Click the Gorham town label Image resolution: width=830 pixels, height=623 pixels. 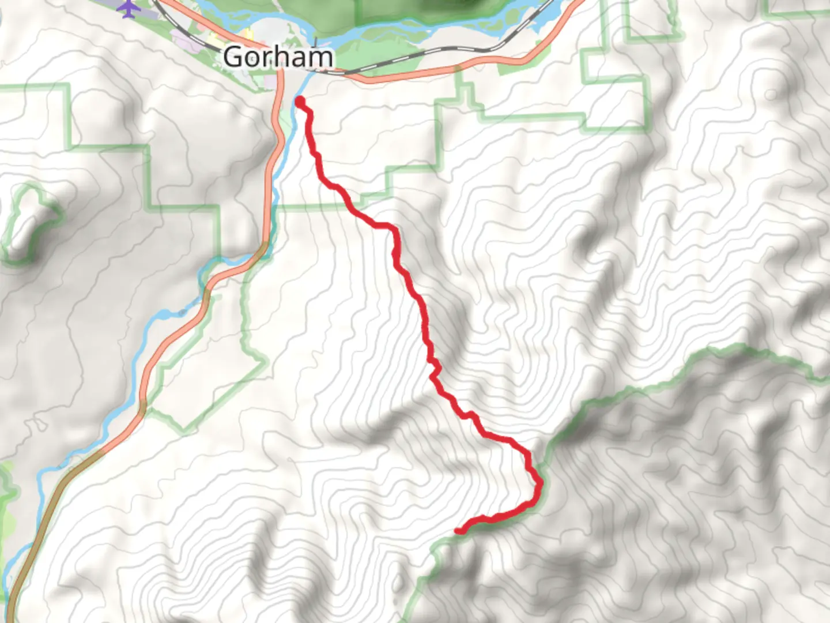(278, 57)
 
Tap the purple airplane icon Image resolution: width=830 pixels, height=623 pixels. (129, 8)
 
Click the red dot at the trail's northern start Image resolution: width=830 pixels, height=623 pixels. (300, 102)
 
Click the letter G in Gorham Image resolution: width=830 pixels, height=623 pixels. (232, 57)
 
